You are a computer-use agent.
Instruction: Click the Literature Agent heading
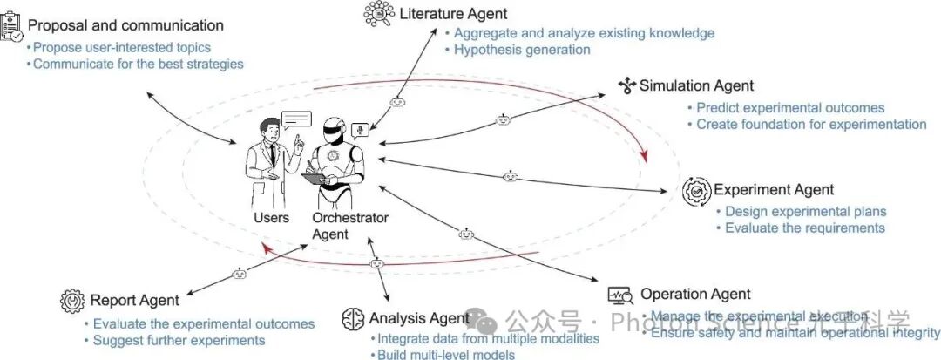453,14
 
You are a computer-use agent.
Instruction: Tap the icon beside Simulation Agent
626,85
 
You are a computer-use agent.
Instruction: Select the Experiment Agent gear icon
697,190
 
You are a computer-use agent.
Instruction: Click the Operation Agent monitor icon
620,295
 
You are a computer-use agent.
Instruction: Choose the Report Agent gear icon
72,301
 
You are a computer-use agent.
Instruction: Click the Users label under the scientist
271,218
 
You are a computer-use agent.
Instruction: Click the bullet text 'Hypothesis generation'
522,50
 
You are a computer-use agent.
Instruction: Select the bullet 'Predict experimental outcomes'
790,108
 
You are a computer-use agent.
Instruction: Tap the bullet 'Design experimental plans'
806,211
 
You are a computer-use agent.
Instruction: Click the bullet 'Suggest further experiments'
179,340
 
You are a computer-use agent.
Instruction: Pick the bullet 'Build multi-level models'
445,355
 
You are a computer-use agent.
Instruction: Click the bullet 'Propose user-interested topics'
122,47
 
